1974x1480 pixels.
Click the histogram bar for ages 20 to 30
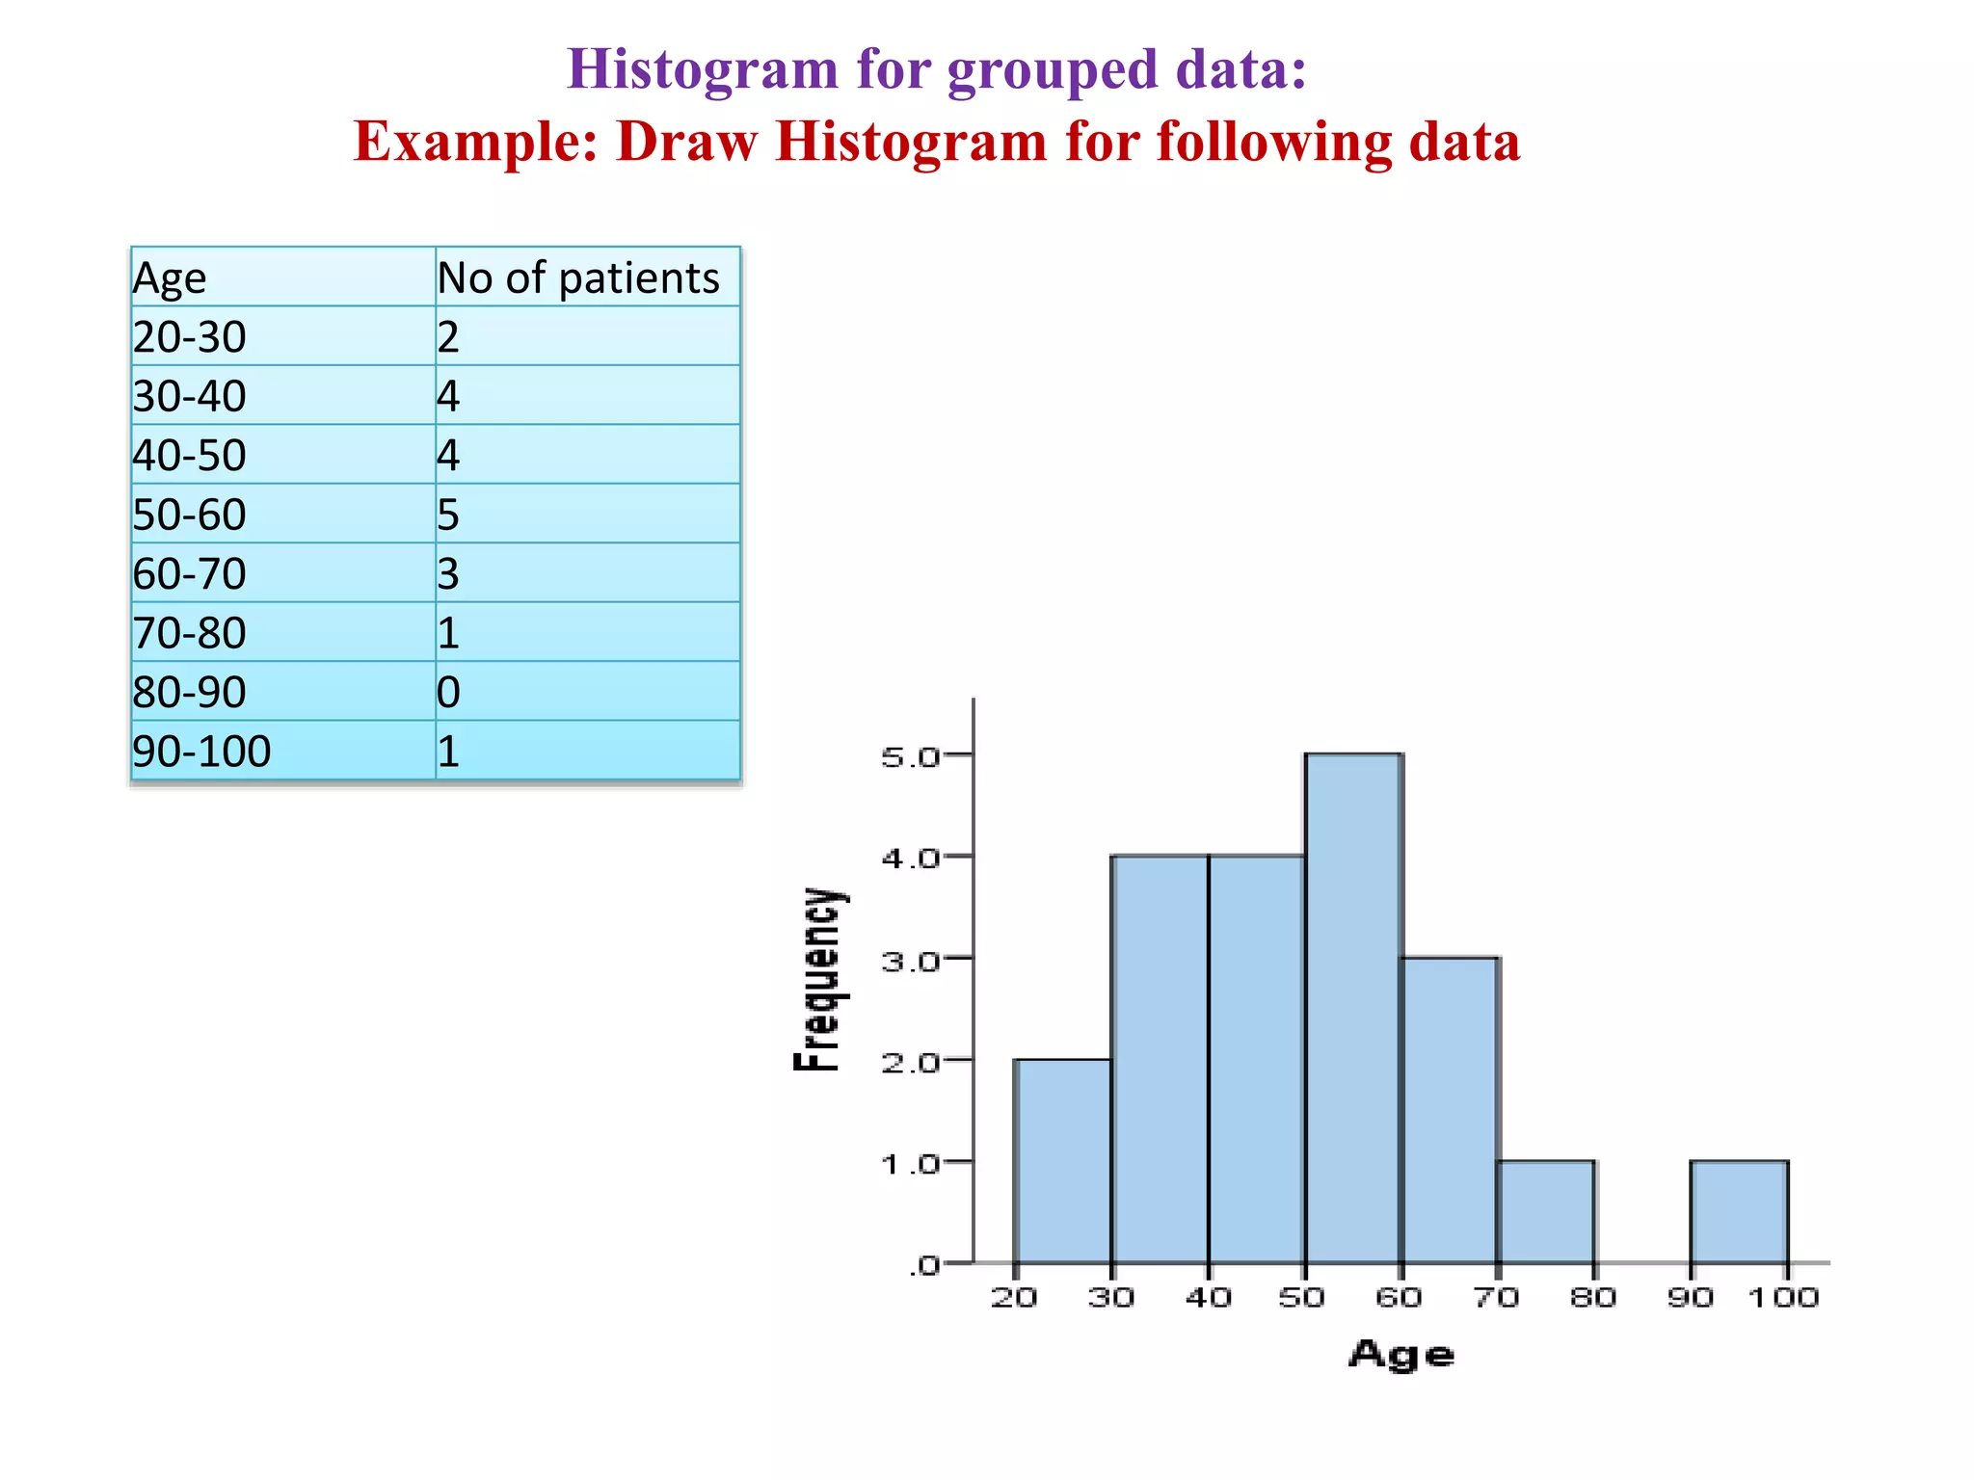(1063, 1161)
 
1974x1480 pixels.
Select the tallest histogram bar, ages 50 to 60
(1353, 1008)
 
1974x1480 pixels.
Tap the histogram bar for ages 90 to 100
(1739, 1212)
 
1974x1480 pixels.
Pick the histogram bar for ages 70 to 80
(1546, 1212)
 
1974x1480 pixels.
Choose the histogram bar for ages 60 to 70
(1450, 1110)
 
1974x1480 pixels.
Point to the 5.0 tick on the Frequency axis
(911, 756)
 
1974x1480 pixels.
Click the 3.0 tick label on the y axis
(911, 961)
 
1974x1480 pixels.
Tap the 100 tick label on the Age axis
(1783, 1297)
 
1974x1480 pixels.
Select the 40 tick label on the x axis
(1208, 1297)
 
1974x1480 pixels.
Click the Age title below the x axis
(1400, 1355)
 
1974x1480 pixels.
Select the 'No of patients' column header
(578, 278)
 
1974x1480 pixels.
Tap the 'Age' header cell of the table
(170, 278)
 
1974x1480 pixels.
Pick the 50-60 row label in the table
(190, 515)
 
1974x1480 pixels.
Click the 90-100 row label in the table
(201, 751)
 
